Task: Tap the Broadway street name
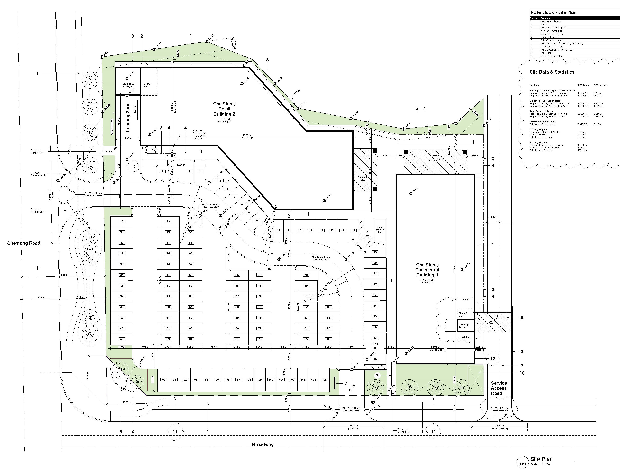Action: coord(263,445)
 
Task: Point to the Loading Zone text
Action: coord(128,117)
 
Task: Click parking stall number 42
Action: coord(168,222)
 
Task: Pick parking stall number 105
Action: coord(324,380)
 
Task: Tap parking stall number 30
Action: coord(122,222)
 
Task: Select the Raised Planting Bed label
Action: coord(380,230)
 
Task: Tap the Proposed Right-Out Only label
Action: coord(38,174)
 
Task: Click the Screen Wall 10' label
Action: coord(112,127)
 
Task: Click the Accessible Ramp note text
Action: coord(199,135)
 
